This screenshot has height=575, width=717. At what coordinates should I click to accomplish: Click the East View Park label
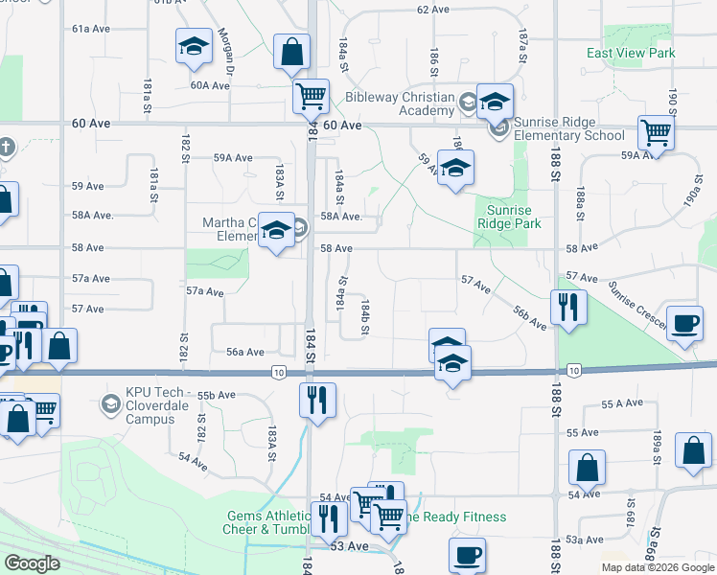(631, 54)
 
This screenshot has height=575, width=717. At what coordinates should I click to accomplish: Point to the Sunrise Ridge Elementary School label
(567, 128)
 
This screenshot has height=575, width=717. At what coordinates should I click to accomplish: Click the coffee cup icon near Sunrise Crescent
(684, 323)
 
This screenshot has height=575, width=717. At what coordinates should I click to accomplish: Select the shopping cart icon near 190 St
(656, 131)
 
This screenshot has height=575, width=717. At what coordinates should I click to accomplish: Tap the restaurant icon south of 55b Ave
(317, 398)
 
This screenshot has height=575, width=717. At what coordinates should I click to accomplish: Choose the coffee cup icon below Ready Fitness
(467, 554)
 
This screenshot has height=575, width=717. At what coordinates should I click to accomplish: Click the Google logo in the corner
(32, 563)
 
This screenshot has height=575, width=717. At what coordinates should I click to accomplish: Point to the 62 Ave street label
(433, 10)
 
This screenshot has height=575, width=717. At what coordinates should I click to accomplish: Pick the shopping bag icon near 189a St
(693, 449)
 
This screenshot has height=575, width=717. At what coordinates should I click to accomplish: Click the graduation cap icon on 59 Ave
(456, 167)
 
